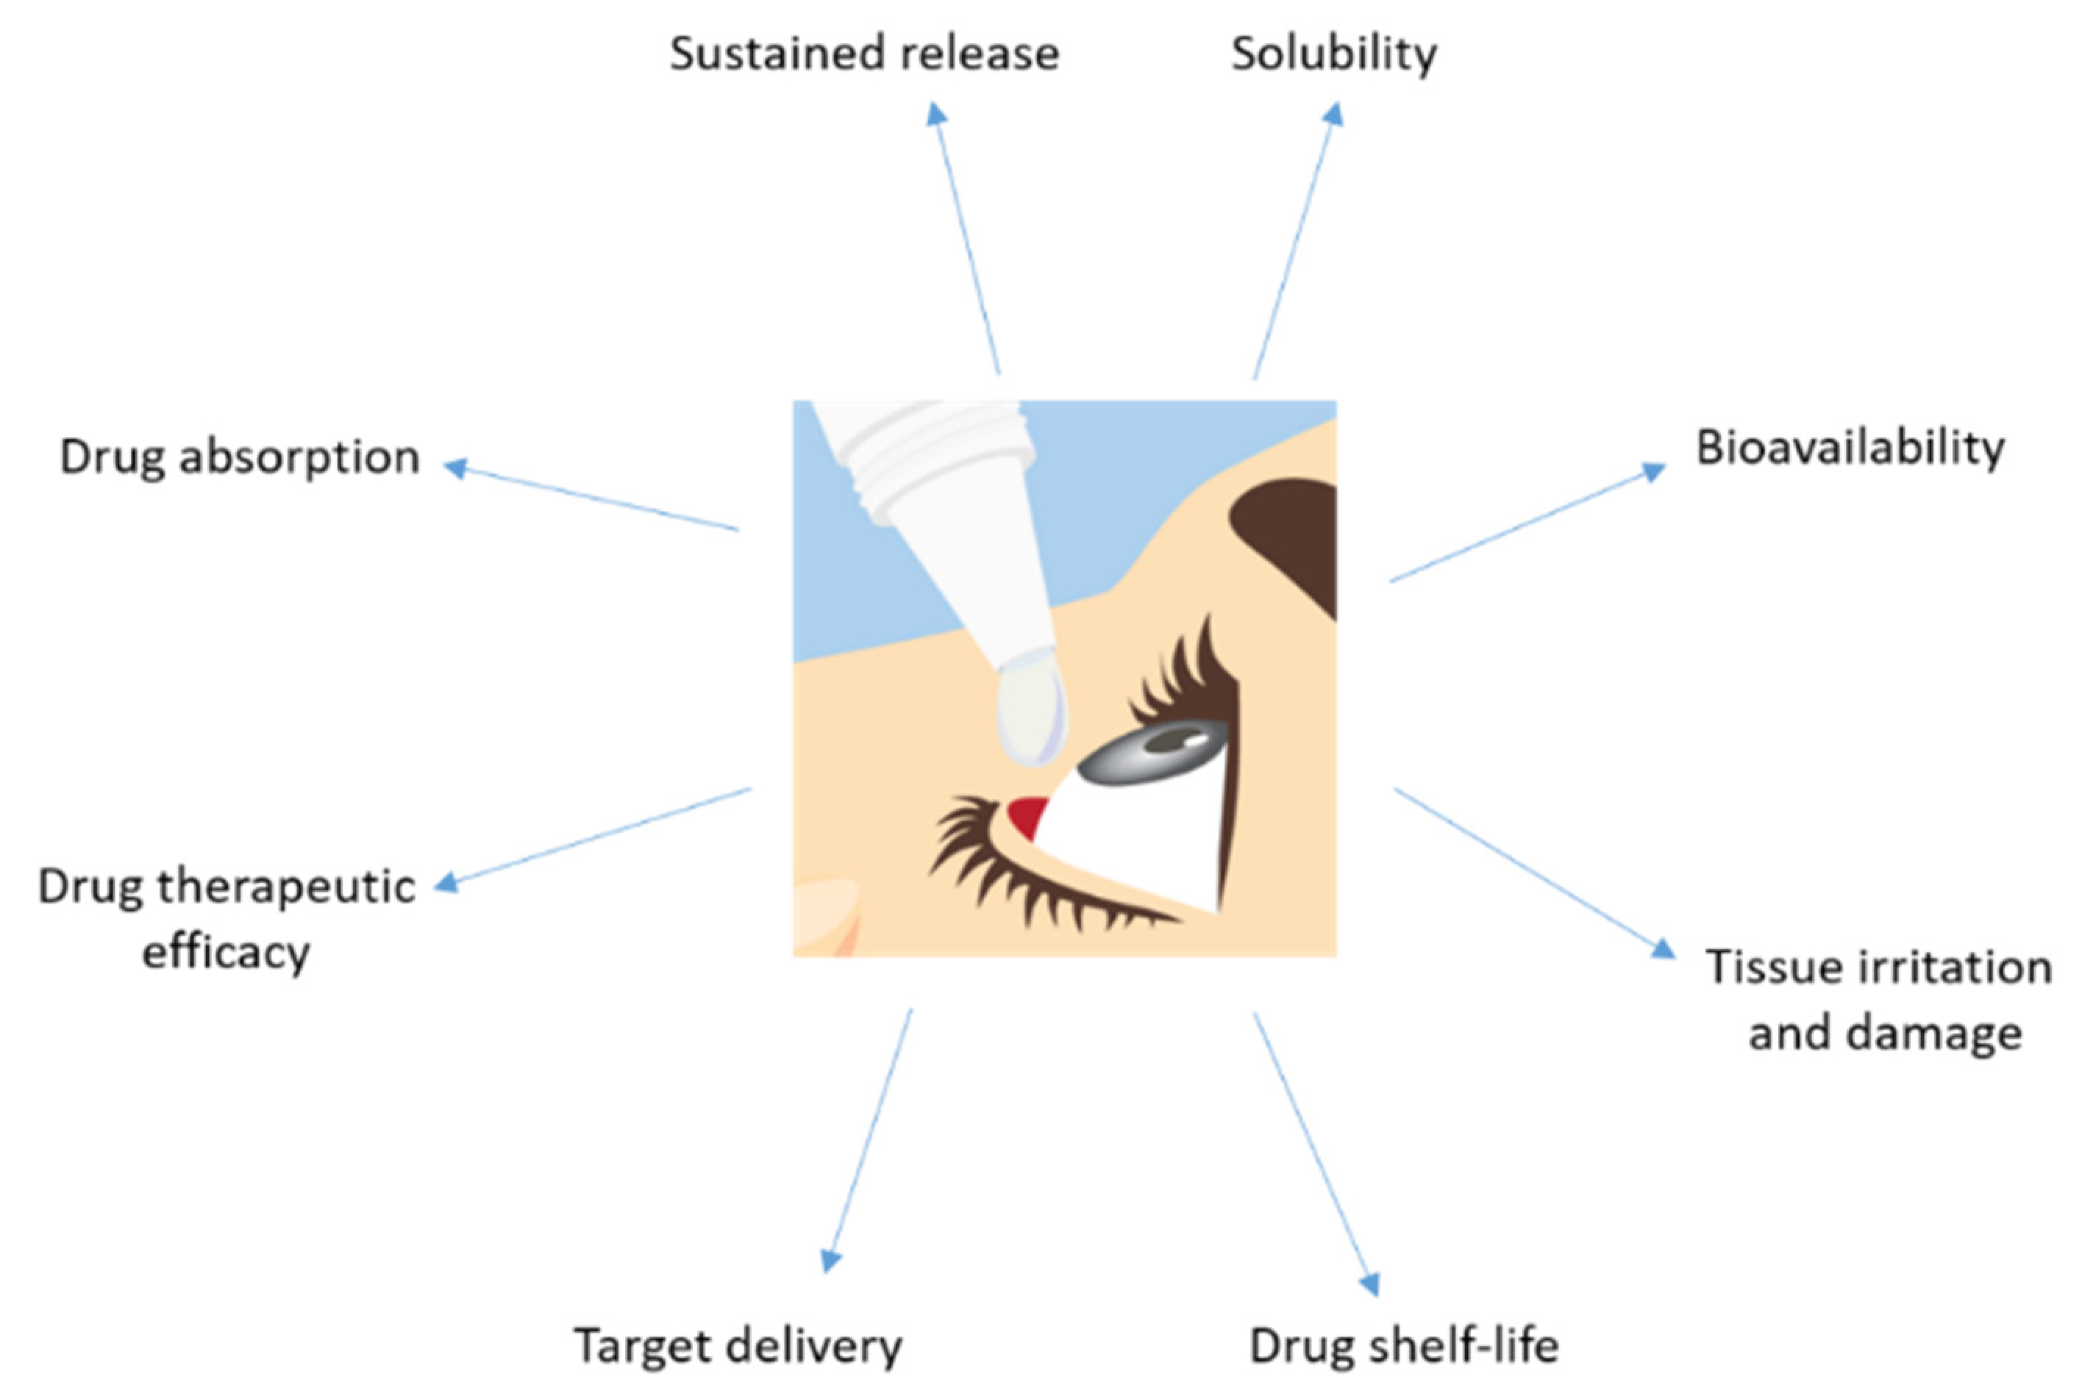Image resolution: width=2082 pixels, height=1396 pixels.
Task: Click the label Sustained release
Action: tap(864, 54)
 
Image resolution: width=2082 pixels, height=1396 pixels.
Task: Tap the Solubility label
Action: tap(1333, 54)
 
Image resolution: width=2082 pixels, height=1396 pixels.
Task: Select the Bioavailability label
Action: tap(1850, 448)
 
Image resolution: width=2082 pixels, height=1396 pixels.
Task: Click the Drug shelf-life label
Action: tap(1405, 1345)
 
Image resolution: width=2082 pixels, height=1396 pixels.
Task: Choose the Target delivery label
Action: tap(738, 1345)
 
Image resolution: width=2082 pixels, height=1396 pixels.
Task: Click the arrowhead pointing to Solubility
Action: tap(1333, 113)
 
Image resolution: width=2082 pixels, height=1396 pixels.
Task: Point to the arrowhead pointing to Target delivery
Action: tap(830, 1260)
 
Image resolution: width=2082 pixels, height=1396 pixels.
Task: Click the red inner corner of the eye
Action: tap(1029, 815)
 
